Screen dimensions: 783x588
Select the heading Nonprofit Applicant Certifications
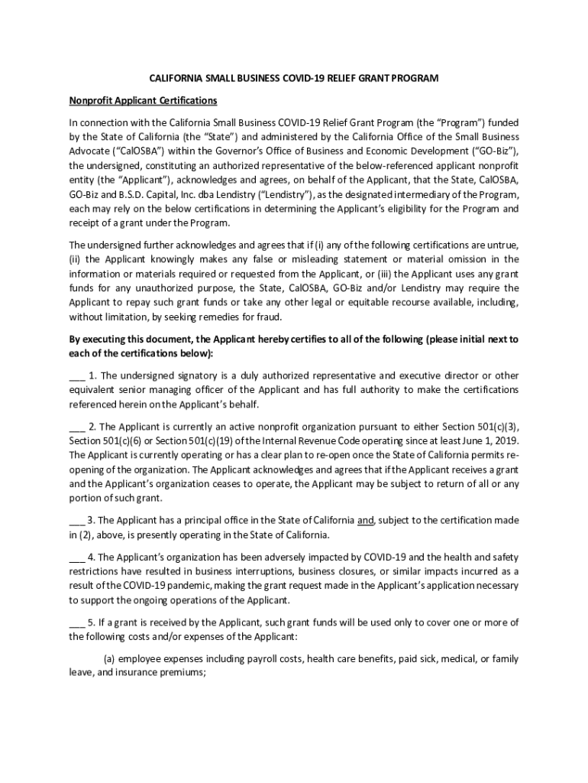pyautogui.click(x=144, y=101)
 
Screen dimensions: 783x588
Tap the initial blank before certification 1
pyautogui.click(x=76, y=375)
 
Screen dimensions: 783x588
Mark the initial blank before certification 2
pyautogui.click(x=76, y=426)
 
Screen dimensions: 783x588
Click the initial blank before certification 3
pyautogui.click(x=76, y=520)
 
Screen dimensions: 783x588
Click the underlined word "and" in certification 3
pyautogui.click(x=365, y=520)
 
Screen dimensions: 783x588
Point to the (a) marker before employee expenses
pyautogui.click(x=110, y=658)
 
